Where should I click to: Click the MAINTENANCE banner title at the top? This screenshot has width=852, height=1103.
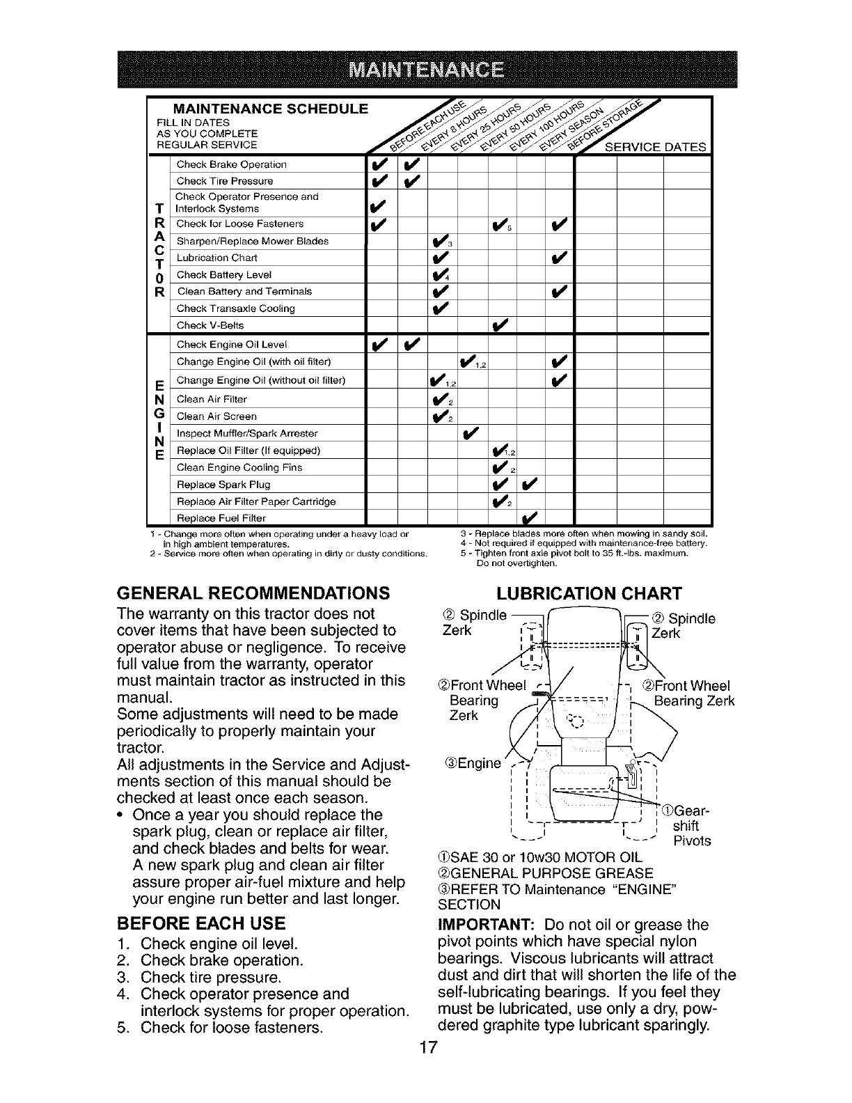[426, 72]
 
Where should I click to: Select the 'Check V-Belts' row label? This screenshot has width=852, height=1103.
[210, 326]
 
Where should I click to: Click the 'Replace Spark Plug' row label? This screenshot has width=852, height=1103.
[223, 485]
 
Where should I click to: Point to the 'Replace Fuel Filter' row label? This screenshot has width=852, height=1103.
[221, 518]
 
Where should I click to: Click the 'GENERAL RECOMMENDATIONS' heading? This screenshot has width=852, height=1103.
[253, 593]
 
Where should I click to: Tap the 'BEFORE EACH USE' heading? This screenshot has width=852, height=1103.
[202, 924]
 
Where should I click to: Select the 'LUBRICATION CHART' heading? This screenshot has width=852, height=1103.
[588, 593]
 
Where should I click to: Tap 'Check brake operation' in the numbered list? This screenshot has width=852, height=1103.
[221, 961]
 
